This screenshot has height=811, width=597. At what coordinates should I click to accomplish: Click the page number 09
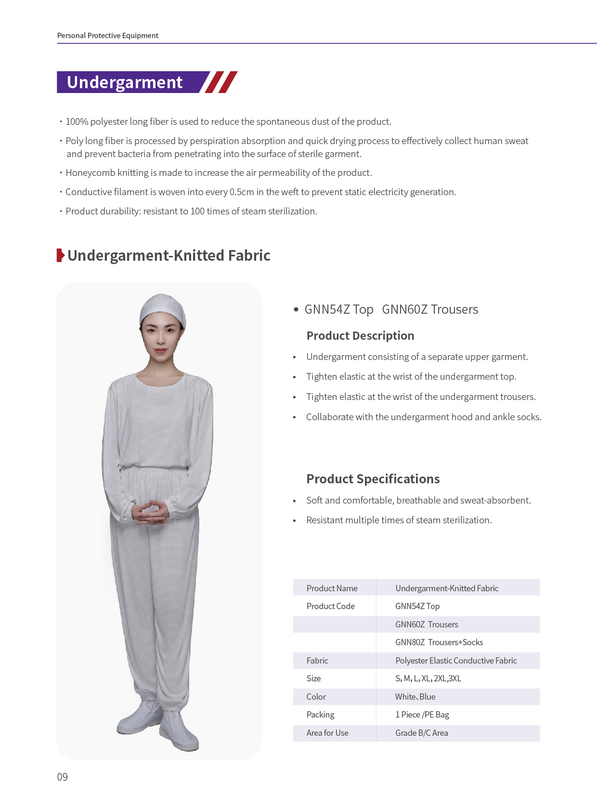[63, 777]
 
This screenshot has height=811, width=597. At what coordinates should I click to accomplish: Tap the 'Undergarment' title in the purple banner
[125, 82]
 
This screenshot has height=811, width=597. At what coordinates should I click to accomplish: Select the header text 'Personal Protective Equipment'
[108, 36]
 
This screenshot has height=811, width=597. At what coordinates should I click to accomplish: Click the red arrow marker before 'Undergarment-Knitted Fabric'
[60, 255]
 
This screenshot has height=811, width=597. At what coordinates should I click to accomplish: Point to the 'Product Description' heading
[360, 336]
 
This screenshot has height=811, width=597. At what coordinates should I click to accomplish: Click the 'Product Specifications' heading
[373, 479]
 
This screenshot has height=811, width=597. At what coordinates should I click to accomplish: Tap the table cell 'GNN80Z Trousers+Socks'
[439, 642]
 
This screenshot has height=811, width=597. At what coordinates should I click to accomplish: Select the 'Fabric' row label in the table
[317, 661]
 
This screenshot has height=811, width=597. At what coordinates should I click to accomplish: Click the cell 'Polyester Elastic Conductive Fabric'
[456, 661]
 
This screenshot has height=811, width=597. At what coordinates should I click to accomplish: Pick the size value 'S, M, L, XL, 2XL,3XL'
[428, 678]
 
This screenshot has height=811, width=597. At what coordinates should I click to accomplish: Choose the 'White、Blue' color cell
[415, 697]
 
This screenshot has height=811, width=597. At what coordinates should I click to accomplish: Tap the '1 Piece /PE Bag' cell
[422, 715]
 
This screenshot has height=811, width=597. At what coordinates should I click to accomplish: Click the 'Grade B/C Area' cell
[422, 733]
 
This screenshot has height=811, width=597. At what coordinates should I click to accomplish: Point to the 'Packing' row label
[321, 715]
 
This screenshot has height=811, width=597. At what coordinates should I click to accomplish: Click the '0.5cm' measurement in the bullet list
[242, 192]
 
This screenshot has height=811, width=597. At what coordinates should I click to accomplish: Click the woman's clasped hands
[150, 512]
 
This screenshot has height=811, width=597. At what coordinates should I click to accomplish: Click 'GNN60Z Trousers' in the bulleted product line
[430, 309]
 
